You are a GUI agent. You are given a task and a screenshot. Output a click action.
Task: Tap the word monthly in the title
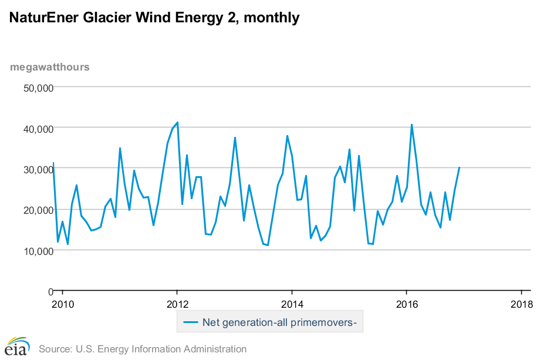coord(271,18)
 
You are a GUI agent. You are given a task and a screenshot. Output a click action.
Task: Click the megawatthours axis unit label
coord(50,66)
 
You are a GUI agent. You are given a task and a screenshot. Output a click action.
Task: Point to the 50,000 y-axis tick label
coord(38,88)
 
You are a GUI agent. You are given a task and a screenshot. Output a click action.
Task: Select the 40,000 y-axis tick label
coord(38,128)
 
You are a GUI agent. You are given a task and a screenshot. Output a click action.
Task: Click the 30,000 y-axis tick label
coord(38,169)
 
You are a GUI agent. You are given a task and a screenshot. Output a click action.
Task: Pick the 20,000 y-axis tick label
coord(38,210)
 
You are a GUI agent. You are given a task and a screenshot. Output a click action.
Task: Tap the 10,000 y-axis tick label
coord(38,251)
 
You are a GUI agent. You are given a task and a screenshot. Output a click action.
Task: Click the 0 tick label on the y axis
coord(50,291)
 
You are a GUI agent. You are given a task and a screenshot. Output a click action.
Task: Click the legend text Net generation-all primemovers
coord(279,322)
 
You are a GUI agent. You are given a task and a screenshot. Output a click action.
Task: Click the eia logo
coord(17,346)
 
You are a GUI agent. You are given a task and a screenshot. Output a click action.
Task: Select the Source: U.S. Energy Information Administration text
coord(143,349)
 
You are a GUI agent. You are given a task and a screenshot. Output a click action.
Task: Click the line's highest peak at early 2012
coord(177,122)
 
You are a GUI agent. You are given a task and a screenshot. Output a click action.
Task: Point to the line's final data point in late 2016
coord(459,167)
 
